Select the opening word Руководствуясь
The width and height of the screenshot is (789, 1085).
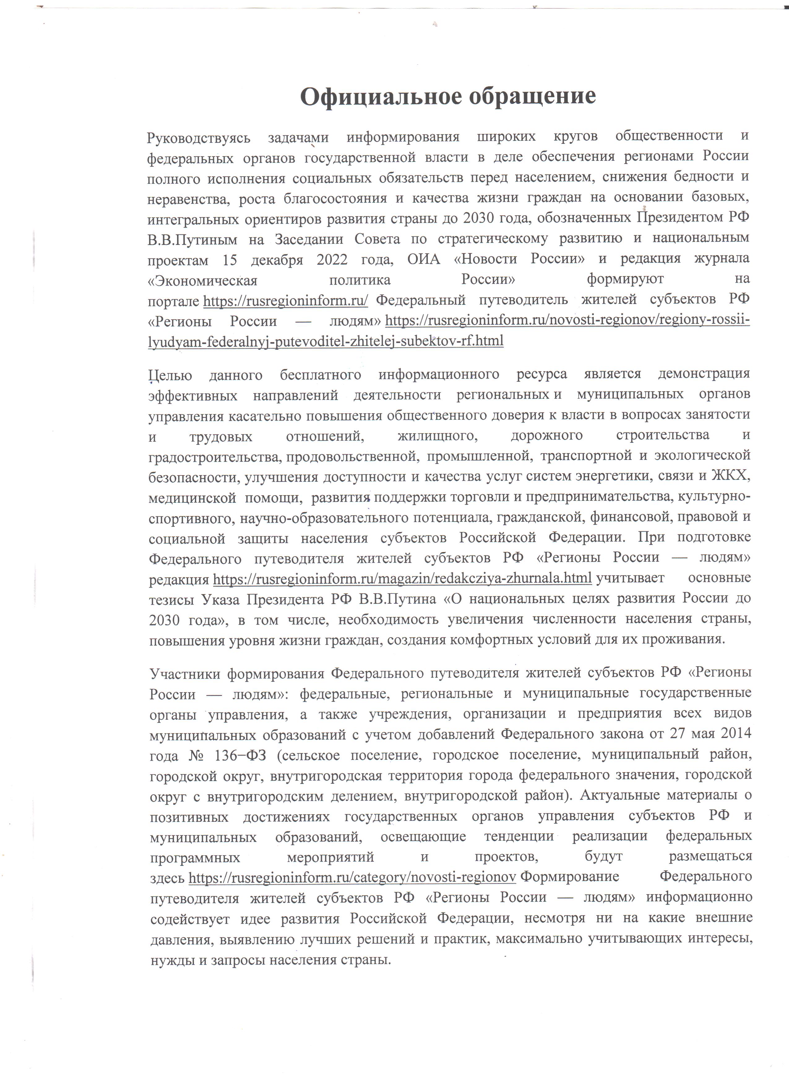pyautogui.click(x=199, y=138)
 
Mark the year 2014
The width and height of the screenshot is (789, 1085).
pyautogui.click(x=735, y=733)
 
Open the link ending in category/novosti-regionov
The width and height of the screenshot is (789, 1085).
pyautogui.click(x=352, y=878)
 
